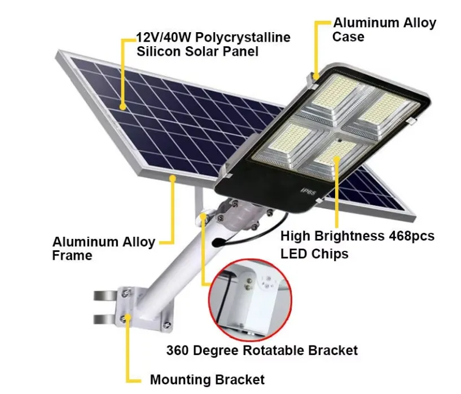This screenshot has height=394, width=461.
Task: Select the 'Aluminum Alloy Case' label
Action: (384, 30)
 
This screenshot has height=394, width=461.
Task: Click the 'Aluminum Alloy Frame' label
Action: (103, 249)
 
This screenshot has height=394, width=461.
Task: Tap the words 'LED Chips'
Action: (314, 254)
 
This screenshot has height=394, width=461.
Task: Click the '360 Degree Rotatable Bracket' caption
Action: (262, 351)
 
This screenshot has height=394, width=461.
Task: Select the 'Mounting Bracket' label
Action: (207, 379)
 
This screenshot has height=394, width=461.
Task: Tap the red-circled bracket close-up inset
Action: (250, 300)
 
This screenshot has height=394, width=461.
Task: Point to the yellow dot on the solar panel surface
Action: (123, 107)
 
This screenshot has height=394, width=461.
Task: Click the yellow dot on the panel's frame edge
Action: (173, 178)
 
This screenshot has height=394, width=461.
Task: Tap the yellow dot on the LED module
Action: (337, 159)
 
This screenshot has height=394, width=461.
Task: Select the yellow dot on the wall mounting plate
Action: (128, 317)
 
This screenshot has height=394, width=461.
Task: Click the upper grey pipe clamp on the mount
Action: (105, 296)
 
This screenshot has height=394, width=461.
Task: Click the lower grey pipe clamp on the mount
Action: (105, 319)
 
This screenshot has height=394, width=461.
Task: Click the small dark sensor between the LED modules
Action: (339, 140)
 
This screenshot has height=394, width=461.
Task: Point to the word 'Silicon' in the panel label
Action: (159, 52)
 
